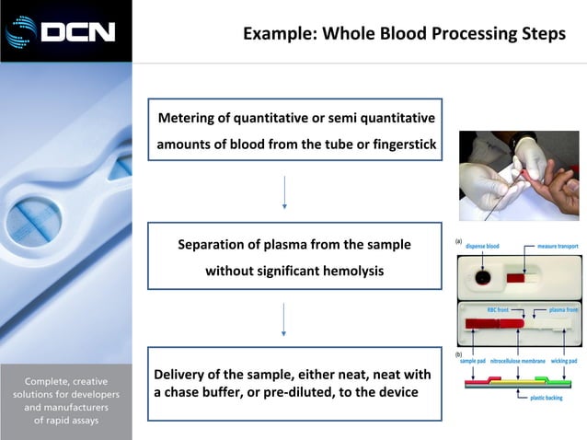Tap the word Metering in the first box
(190, 118)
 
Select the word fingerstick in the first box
(399, 145)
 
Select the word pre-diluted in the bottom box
(284, 392)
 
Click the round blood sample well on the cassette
(481, 276)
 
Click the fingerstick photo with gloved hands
(519, 175)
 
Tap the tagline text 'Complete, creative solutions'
(65, 388)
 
